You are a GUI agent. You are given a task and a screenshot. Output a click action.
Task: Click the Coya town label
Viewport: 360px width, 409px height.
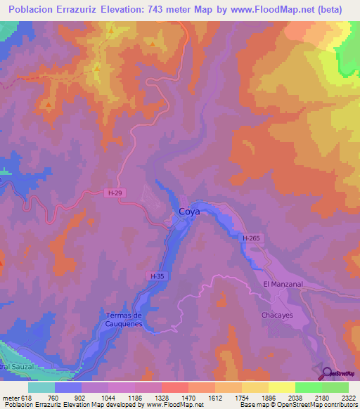pyautogui.click(x=190, y=211)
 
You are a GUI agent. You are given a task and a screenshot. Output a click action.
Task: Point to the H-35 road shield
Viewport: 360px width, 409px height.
pyautogui.click(x=157, y=276)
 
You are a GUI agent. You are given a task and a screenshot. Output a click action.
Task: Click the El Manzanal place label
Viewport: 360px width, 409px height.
pyautogui.click(x=282, y=283)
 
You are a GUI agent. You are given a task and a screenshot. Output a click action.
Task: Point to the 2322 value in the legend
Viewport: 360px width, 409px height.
pyautogui.click(x=348, y=397)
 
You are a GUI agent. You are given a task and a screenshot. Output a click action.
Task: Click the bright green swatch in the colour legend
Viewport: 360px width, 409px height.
pyautogui.click(x=308, y=387)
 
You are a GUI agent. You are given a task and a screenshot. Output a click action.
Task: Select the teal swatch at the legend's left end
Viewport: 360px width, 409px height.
pyautogui.click(x=41, y=387)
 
